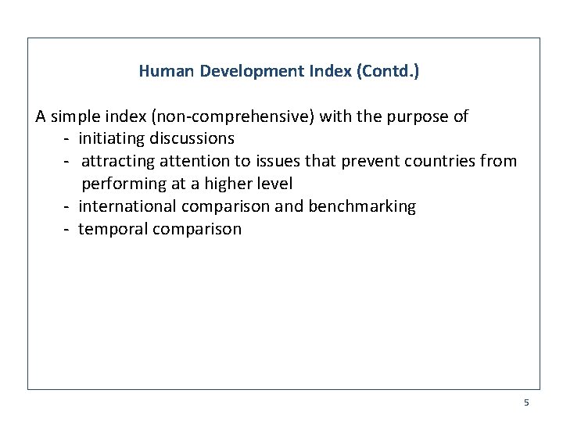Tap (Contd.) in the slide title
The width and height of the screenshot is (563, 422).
click(x=387, y=71)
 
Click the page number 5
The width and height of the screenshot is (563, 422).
click(x=526, y=402)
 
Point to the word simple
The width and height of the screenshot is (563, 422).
click(x=77, y=117)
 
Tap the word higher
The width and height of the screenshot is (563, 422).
click(x=229, y=184)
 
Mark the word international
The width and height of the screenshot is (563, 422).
click(x=128, y=207)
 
